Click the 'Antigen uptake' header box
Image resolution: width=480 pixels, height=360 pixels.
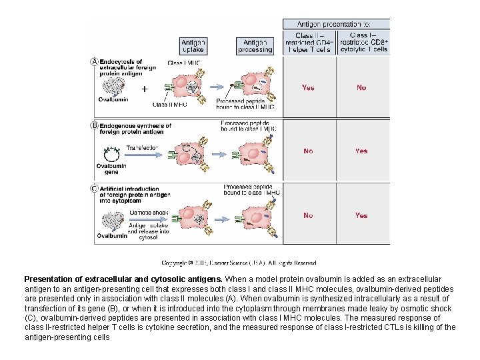193,45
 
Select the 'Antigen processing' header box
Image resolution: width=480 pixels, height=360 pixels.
255,45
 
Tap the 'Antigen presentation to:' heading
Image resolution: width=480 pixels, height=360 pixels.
336,24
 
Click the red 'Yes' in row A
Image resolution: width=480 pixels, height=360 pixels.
308,87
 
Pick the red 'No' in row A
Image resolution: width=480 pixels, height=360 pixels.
361,87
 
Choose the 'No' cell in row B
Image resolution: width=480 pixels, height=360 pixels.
308,151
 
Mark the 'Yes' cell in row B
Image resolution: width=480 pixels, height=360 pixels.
361,151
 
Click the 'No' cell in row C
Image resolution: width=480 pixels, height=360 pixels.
308,215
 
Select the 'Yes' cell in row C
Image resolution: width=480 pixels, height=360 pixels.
361,215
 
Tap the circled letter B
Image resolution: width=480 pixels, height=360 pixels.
94,125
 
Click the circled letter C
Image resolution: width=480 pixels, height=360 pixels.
94,188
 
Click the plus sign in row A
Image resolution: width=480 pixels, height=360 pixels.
145,87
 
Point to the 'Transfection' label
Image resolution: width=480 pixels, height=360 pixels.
142,147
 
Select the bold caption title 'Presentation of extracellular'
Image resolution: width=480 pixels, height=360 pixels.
123,279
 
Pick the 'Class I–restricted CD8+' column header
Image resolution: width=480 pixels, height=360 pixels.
363,42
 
